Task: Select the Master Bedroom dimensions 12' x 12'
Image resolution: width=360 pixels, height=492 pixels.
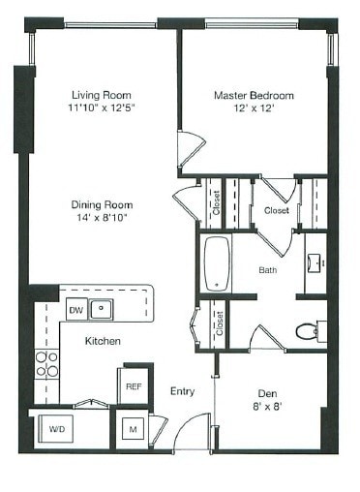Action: click(x=253, y=108)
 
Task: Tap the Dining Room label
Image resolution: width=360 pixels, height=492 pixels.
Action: click(x=101, y=205)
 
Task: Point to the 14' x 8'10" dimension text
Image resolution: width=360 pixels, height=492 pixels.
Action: click(x=101, y=218)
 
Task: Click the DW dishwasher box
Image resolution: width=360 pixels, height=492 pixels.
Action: click(x=75, y=310)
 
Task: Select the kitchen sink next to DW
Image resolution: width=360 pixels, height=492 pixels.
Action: click(x=101, y=310)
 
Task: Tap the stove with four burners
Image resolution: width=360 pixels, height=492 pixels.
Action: click(x=46, y=363)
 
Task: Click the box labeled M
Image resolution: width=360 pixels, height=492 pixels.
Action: click(x=134, y=429)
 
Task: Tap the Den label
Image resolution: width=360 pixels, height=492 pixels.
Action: click(x=267, y=393)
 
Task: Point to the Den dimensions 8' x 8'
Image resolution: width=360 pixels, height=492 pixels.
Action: click(x=267, y=407)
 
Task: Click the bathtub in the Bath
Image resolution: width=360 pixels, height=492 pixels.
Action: click(x=216, y=263)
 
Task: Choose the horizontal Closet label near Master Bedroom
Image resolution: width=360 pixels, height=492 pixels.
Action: click(x=277, y=209)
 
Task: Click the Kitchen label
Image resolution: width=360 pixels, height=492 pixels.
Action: click(x=102, y=341)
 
